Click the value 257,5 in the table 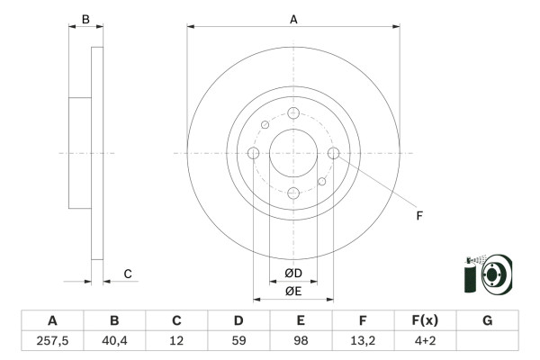coord(52,341)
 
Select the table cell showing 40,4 coord(114,341)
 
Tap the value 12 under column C coord(176,341)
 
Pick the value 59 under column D coord(238,341)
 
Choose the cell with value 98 coord(301,341)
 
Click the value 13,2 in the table coord(363,341)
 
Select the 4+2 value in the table coord(425,341)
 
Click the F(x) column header coord(425,320)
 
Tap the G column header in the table coord(487,320)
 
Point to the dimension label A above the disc coord(293,19)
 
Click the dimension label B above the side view coord(85,19)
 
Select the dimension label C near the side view coord(128,274)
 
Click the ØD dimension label coord(293,274)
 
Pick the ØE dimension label coord(293,291)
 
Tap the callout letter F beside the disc coord(418,214)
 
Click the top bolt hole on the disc coord(293,113)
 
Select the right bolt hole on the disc coord(333,153)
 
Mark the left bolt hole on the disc coord(254,153)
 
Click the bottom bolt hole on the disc coord(293,193)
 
